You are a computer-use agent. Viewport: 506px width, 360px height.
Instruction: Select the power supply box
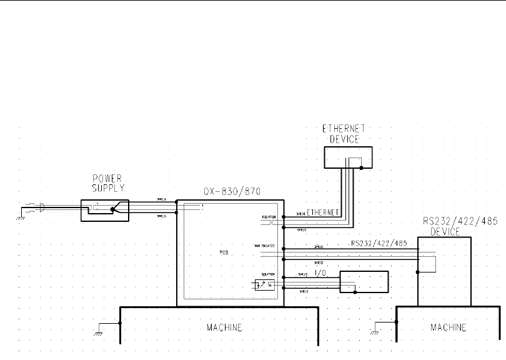pos(105,211)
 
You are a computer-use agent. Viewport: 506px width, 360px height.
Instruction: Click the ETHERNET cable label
pos(323,212)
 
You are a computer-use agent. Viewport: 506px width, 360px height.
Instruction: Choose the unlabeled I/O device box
pos(364,282)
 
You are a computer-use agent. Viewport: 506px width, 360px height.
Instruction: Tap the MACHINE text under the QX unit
pos(224,327)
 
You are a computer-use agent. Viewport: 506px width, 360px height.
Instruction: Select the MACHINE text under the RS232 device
pos(448,327)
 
